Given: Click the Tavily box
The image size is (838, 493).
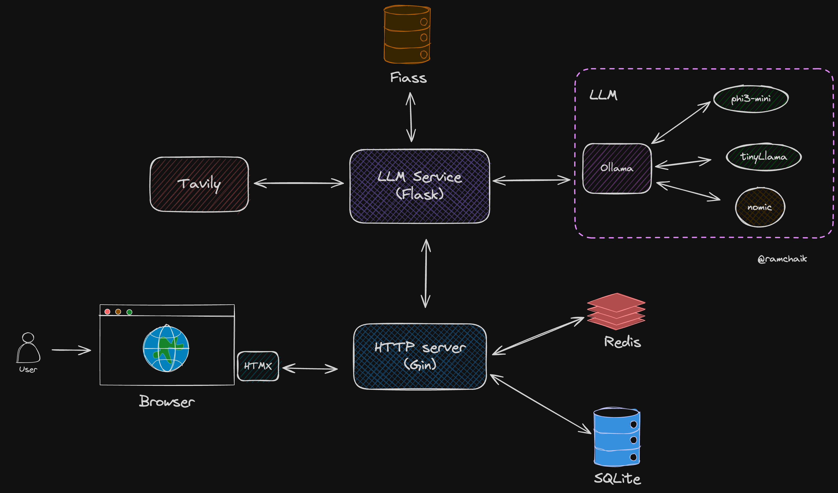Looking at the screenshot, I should pyautogui.click(x=199, y=184).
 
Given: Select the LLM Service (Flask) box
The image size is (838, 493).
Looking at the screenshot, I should pyautogui.click(x=419, y=186).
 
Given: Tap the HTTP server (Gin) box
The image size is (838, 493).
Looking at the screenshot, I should pyautogui.click(x=420, y=356).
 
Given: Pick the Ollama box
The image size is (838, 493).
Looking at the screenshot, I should pyautogui.click(x=617, y=168).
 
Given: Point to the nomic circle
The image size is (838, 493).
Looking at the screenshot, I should pyautogui.click(x=760, y=207).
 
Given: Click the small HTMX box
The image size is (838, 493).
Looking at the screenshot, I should pyautogui.click(x=258, y=366).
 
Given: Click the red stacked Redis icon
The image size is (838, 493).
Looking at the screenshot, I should pyautogui.click(x=616, y=312).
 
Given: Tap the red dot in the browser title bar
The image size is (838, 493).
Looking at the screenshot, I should pyautogui.click(x=107, y=312).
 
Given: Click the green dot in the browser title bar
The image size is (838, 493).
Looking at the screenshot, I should pyautogui.click(x=129, y=312).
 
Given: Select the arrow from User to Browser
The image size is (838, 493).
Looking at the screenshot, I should pyautogui.click(x=71, y=350).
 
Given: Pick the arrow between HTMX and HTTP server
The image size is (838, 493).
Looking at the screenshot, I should pyautogui.click(x=310, y=368).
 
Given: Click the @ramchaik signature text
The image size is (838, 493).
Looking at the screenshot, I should pyautogui.click(x=782, y=259).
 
